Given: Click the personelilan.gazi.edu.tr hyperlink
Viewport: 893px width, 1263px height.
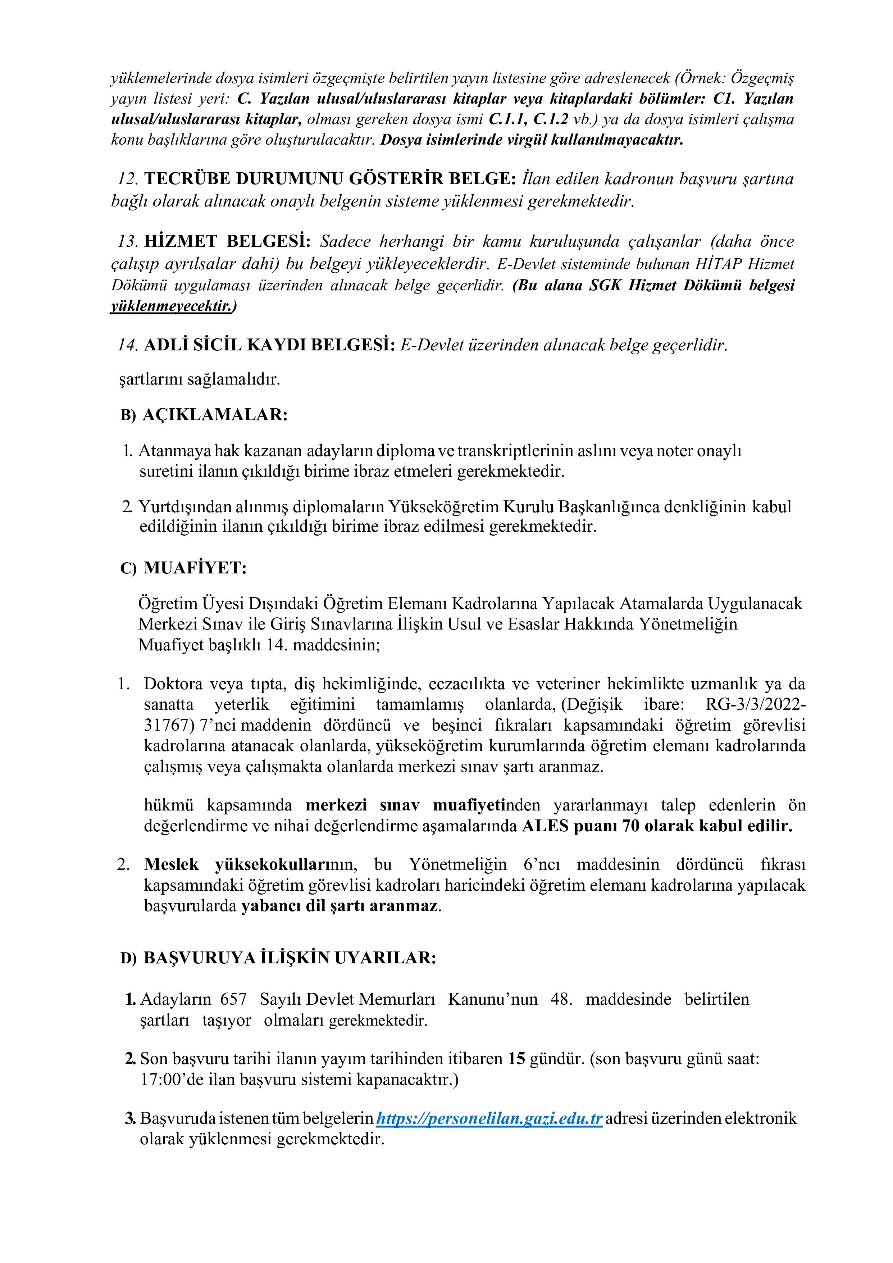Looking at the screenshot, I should pyautogui.click(x=489, y=1118).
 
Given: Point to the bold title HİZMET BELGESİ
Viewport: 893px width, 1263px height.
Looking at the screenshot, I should pyautogui.click(x=228, y=241).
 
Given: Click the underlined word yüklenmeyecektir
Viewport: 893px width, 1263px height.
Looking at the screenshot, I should pyautogui.click(x=172, y=306).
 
